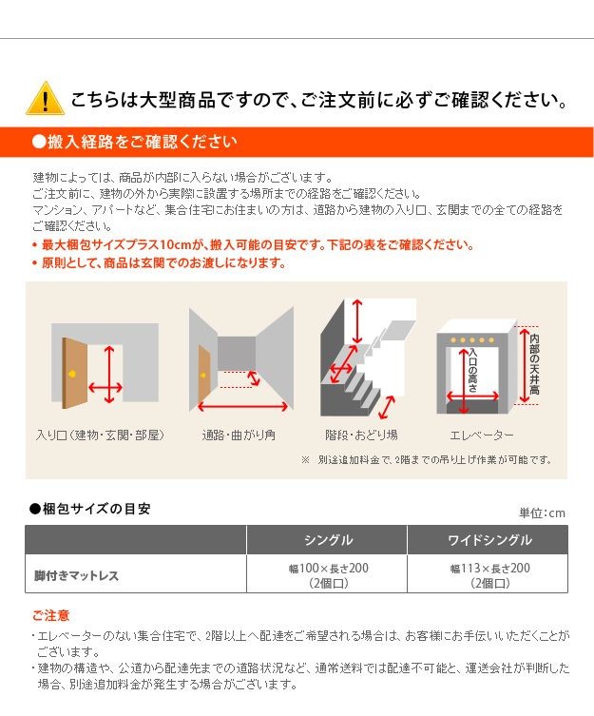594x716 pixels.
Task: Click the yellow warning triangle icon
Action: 46,99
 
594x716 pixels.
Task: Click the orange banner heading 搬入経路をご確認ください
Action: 135,142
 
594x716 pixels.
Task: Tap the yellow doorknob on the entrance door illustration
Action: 72,374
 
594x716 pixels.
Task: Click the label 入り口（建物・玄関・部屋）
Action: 100,435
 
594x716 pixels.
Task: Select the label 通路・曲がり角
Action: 239,435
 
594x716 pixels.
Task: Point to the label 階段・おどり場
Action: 361,435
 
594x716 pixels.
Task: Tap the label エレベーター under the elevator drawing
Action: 482,435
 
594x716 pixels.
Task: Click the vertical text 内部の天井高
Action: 534,364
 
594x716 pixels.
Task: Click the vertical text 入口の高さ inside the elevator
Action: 473,370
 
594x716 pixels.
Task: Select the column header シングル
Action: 328,540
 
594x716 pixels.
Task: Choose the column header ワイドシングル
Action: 489,540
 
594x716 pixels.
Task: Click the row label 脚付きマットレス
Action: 76,575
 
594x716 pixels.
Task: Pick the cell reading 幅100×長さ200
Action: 328,569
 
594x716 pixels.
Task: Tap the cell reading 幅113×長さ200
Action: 489,569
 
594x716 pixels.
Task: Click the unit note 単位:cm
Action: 542,513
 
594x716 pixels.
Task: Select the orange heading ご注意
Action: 50,615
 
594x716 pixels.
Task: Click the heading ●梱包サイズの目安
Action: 89,509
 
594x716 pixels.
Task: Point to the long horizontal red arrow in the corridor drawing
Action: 243,406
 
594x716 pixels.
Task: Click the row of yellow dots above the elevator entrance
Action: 472,339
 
